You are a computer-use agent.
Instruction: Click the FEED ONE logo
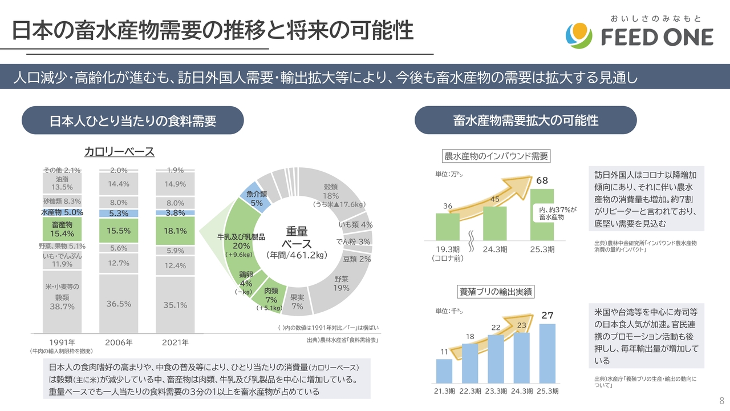(639, 35)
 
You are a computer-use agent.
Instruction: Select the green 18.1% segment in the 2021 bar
(175, 231)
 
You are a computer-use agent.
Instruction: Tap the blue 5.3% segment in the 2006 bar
(119, 213)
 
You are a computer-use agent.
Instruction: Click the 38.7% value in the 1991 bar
(62, 307)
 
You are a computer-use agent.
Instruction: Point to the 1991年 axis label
(62, 342)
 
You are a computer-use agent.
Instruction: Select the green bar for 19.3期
(448, 227)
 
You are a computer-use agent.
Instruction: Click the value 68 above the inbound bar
(542, 181)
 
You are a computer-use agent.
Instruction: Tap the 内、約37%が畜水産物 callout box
(551, 213)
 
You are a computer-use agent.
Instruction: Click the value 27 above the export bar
(547, 315)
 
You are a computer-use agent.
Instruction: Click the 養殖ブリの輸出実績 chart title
(496, 291)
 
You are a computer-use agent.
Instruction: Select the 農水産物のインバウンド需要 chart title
(496, 156)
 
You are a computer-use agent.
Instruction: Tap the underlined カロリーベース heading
(119, 151)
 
